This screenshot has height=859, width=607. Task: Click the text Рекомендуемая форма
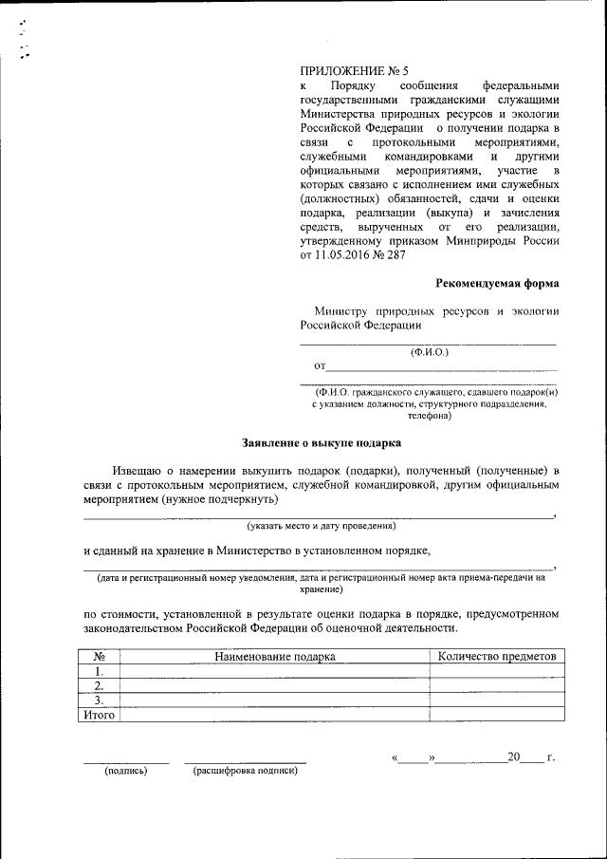pos(497,283)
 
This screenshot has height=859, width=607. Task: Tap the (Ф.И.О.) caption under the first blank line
pos(429,352)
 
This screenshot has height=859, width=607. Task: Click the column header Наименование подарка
pos(275,656)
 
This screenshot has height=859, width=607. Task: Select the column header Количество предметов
pos(494,656)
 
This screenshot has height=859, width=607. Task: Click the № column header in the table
pos(99,656)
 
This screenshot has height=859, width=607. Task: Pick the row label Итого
pos(99,716)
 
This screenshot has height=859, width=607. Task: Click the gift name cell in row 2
pos(275,686)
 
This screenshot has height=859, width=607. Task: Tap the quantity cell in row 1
pos(494,671)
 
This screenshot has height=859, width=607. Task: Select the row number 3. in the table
pos(99,701)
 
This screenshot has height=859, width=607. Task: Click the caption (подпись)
pos(126,771)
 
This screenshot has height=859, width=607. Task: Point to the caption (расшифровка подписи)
pos(246,771)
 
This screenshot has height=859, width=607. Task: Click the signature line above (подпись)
pos(126,761)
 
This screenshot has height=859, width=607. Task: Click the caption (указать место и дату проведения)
pos(321,526)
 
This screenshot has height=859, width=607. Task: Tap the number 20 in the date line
pos(514,757)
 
